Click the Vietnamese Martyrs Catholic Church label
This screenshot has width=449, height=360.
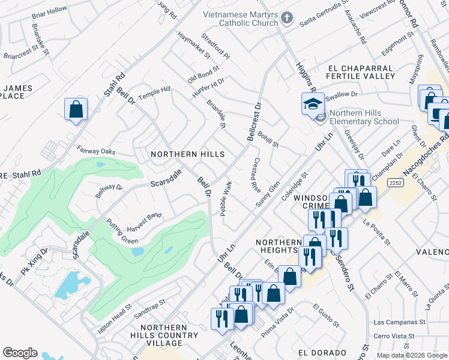[x=237, y=20]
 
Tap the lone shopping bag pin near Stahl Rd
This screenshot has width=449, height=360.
[x=76, y=110]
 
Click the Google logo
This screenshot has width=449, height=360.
[x=20, y=353]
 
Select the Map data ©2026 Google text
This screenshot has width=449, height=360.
[x=411, y=355]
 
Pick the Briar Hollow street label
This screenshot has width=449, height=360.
[x=49, y=11]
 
